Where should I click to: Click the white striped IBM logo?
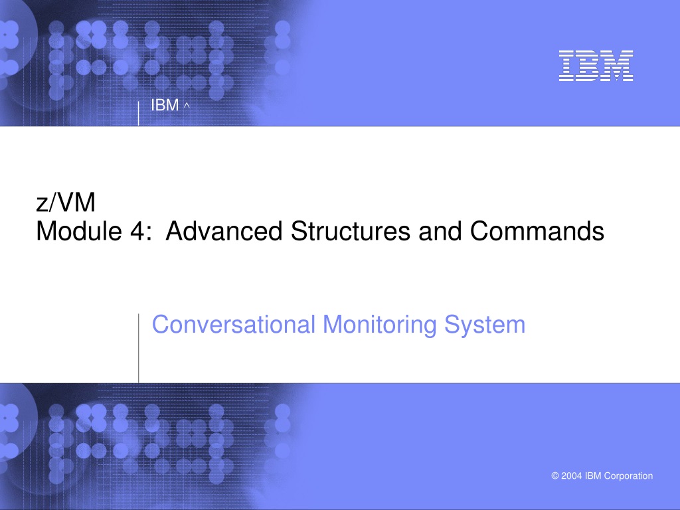596,66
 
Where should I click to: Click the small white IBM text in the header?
165,105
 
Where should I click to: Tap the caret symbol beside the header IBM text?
187,105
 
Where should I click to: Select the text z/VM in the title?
66,203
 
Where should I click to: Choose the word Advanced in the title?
224,230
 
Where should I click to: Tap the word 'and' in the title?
440,230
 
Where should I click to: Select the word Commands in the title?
537,230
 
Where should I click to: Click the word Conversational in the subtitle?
234,324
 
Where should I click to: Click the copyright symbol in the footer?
555,475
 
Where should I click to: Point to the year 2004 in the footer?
572,475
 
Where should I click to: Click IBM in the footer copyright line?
593,475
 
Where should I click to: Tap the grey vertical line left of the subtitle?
138,348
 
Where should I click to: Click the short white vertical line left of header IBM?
138,114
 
